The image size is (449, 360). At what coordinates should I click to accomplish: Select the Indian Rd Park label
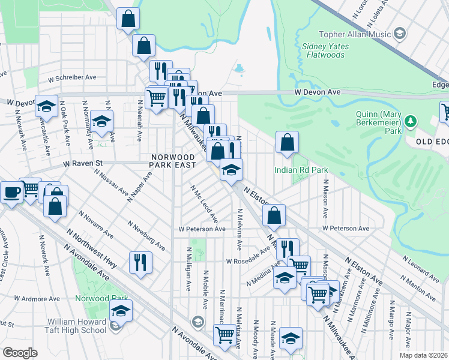click(x=301, y=170)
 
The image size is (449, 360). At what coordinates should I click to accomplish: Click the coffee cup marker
click(x=11, y=193)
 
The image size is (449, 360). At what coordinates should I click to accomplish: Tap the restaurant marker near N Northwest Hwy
click(x=140, y=261)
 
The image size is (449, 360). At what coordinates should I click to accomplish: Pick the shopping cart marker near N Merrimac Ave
click(x=224, y=335)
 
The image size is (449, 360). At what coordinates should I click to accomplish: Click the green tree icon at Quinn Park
click(x=411, y=122)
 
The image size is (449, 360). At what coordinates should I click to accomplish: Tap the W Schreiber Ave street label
click(x=72, y=78)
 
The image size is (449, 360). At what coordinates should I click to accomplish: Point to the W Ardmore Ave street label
click(x=37, y=298)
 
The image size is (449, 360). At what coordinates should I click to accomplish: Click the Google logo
click(x=19, y=353)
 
